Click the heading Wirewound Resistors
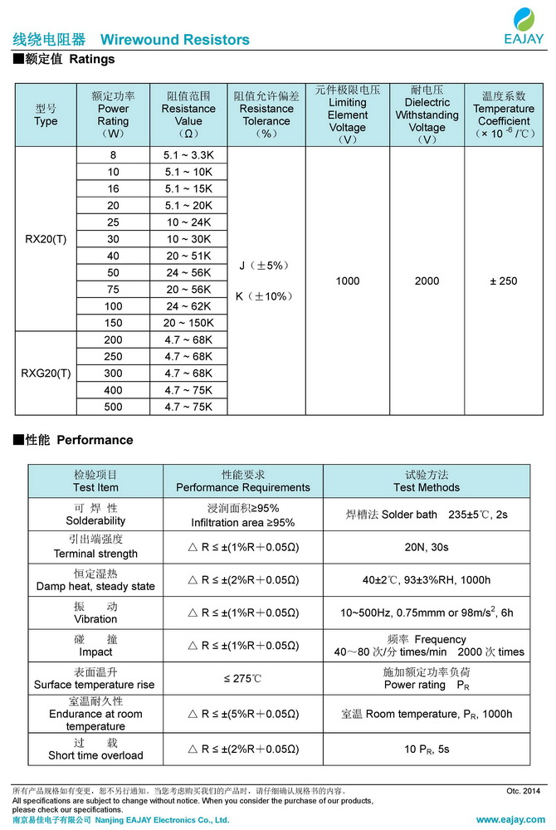click(174, 40)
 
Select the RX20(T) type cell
click(46, 239)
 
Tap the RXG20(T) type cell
click(46, 373)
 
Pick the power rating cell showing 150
click(113, 323)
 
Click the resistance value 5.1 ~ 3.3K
click(188, 155)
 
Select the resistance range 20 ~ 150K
click(188, 323)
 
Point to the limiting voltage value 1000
click(348, 281)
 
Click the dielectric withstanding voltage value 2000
click(427, 281)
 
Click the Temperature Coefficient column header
click(503, 115)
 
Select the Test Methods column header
click(427, 481)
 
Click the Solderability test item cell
click(95, 515)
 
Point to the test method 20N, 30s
click(427, 548)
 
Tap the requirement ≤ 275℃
click(242, 679)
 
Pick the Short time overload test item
click(95, 749)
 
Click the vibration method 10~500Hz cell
click(427, 613)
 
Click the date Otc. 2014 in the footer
click(523, 791)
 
